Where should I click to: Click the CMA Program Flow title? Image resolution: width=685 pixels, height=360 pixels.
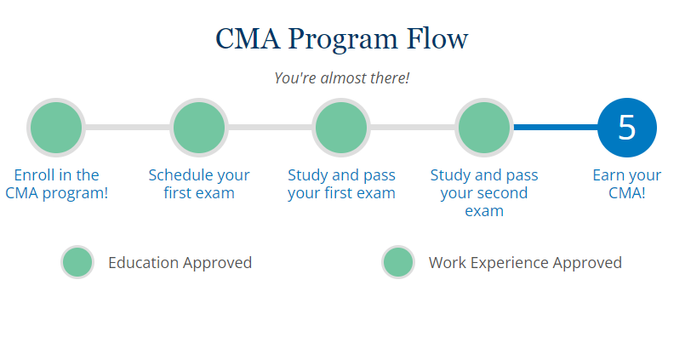pos(341,39)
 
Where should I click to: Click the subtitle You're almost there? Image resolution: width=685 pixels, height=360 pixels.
pos(341,77)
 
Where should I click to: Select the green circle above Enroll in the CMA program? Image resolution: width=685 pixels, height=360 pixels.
pos(56,128)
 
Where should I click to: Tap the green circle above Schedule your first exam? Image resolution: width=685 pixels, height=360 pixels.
pos(199,128)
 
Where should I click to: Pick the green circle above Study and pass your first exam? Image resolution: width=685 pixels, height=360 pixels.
pos(341,128)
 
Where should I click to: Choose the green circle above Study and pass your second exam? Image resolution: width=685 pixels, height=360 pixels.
pos(484,128)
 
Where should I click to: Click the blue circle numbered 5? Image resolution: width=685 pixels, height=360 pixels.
pos(627,128)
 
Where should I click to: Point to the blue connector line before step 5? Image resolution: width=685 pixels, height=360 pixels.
pos(555,128)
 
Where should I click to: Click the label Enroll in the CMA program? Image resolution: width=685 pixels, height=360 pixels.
pos(56,184)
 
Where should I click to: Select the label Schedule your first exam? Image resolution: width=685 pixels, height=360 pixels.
pos(199,184)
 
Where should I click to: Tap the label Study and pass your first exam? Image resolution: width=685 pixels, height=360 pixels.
pos(341,184)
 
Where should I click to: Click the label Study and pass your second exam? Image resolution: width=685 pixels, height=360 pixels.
pos(484,192)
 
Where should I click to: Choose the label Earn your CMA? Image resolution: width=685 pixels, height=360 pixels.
pos(627,184)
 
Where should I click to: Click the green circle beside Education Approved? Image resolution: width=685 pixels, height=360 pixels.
pos(77,262)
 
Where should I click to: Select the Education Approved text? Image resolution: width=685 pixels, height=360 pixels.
pos(180,262)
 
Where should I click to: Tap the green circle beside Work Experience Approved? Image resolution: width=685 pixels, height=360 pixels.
pos(398,262)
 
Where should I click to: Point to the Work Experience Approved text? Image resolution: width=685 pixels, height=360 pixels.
pos(525,262)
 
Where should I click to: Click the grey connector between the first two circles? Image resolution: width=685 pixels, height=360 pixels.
pos(128,128)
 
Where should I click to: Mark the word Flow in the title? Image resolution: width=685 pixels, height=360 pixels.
pos(438,39)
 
